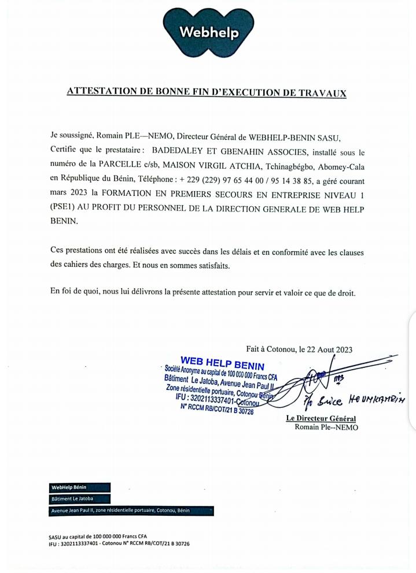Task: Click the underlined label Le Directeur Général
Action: [x=321, y=418]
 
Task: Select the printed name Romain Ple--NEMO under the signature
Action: [x=326, y=427]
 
